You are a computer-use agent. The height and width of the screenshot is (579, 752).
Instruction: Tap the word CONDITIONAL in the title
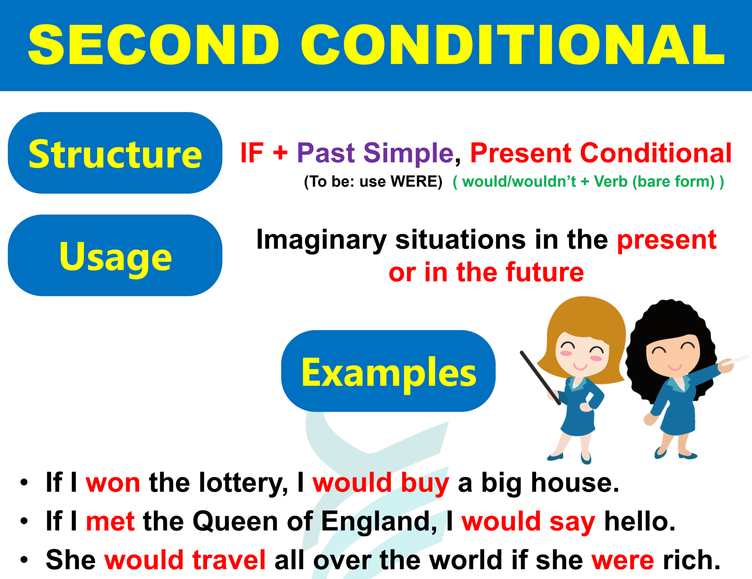pos(513,45)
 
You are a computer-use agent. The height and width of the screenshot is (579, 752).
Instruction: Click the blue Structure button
pos(115,153)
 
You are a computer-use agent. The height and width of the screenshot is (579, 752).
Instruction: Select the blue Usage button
pos(115,256)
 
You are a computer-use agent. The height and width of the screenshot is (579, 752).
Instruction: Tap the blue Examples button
pos(388,371)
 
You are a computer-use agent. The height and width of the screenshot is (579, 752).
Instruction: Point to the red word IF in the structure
pos(252,153)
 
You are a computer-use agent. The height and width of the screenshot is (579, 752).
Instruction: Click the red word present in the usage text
pos(666,240)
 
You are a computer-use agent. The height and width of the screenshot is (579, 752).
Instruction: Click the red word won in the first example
pos(113,483)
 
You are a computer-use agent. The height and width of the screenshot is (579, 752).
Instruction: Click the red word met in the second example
pos(110,521)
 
